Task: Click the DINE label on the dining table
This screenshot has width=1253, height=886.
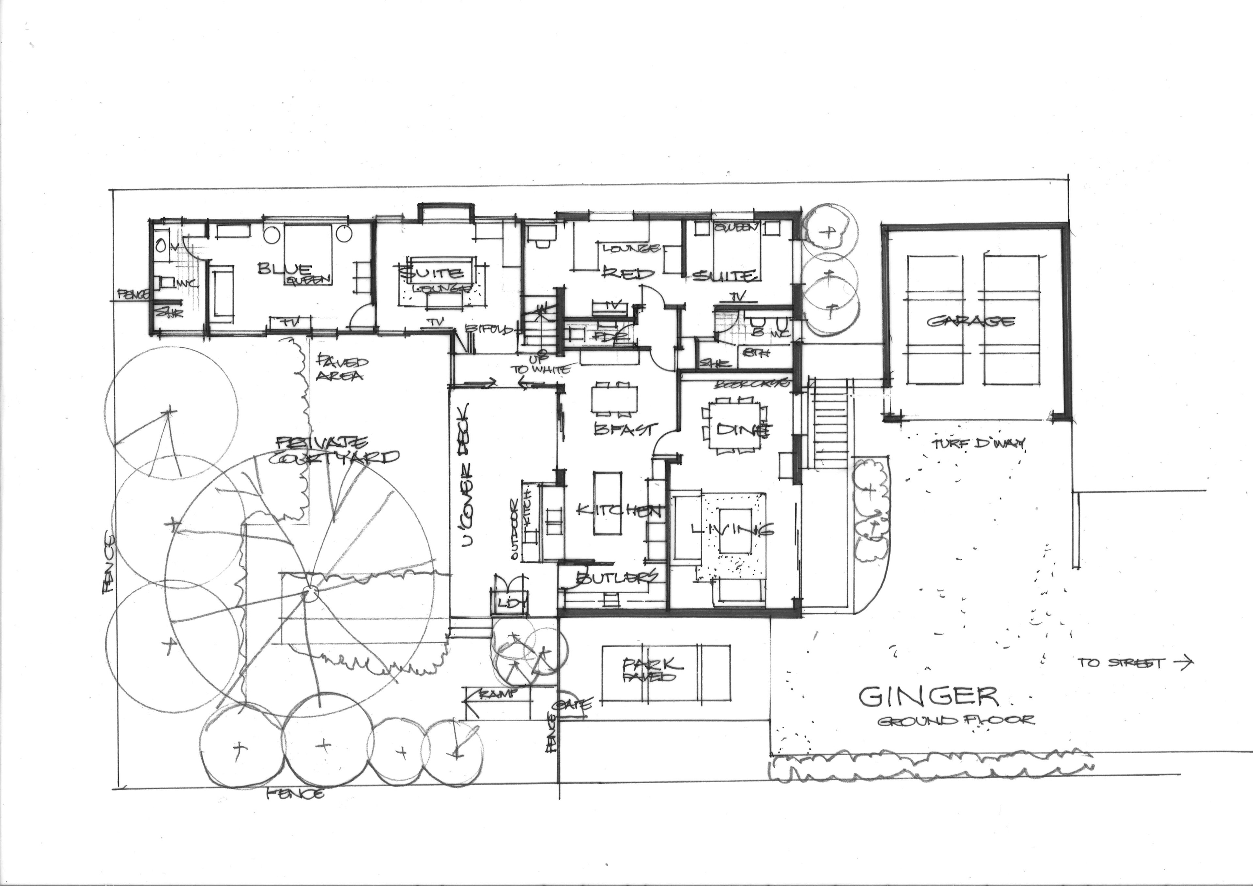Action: click(734, 430)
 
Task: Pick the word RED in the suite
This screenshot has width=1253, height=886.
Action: click(627, 272)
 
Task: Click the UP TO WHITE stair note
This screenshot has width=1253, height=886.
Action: click(540, 365)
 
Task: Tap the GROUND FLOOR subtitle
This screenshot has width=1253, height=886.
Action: click(955, 721)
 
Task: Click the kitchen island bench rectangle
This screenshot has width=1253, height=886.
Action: click(607, 505)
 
